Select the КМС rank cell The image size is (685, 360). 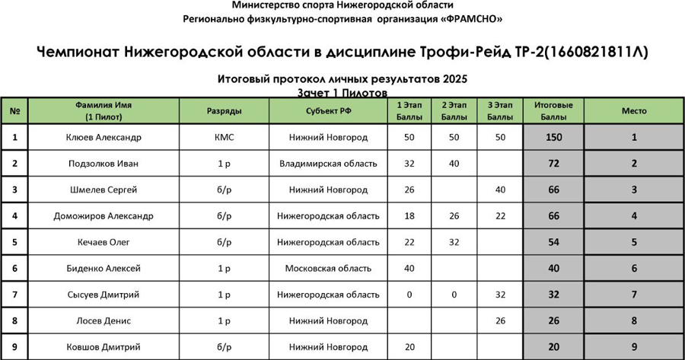tap(225, 138)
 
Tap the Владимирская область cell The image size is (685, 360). tap(328, 164)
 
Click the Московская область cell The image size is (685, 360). tap(328, 269)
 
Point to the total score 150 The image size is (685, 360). tap(553, 138)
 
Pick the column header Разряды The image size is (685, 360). tap(225, 111)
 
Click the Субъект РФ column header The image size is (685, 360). tap(328, 111)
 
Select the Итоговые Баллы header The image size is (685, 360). tap(553, 111)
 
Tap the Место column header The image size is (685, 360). tap(634, 111)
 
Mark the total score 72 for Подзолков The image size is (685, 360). tap(553, 164)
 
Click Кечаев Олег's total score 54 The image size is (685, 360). tap(553, 243)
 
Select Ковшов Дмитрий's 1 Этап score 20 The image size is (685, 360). tap(409, 347)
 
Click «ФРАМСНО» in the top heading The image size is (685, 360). tap(473, 19)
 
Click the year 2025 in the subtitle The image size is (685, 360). tap(452, 79)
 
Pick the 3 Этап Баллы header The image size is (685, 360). tap(500, 111)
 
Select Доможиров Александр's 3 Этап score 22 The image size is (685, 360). tap(500, 216)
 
